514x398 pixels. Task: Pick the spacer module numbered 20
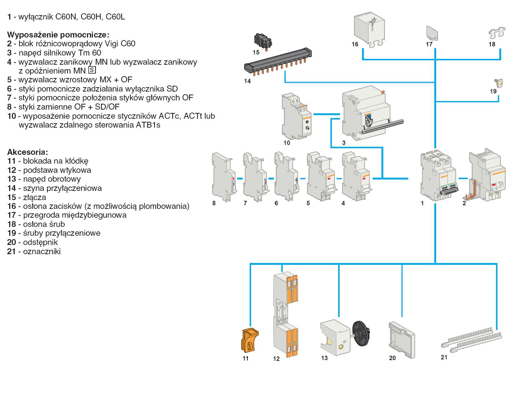pos(401,338)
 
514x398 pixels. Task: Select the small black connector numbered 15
pos(262,40)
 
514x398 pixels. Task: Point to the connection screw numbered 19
pos(499,83)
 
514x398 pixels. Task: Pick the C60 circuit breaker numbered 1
pos(438,175)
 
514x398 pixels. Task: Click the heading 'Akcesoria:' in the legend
pos(28,152)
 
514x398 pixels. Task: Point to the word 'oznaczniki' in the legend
pos(41,252)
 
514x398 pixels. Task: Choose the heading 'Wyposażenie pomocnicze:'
pos(58,35)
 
